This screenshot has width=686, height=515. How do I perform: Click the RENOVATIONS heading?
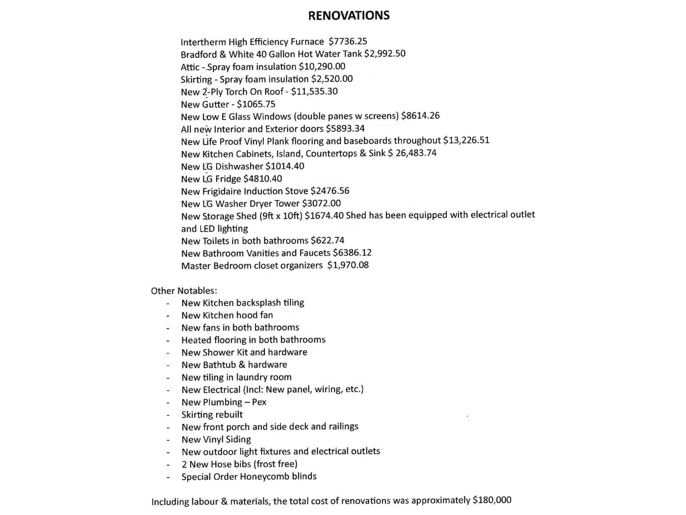tap(349, 15)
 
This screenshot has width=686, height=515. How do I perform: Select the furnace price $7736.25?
tap(348, 41)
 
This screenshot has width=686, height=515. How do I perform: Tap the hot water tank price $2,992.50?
tap(385, 54)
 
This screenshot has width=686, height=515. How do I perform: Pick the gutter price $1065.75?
tap(256, 104)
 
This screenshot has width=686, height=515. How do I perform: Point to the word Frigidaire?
tap(222, 191)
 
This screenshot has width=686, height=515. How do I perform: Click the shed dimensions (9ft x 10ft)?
tap(280, 216)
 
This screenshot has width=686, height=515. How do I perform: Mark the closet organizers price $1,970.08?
tap(348, 265)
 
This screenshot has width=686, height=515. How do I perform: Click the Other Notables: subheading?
tap(184, 291)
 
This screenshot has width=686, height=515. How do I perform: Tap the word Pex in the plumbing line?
tap(259, 402)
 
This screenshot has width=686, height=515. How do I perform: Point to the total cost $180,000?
tap(492, 500)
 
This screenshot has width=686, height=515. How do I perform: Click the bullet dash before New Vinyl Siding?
tap(168, 440)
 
